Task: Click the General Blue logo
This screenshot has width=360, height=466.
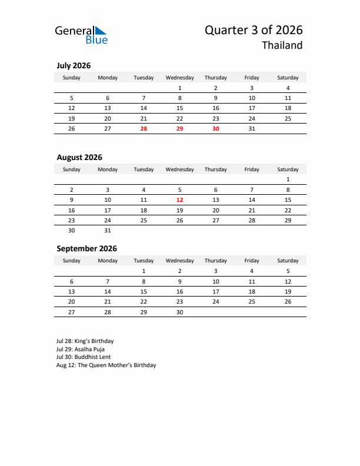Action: (81, 35)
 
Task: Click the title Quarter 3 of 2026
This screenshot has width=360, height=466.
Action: (254, 30)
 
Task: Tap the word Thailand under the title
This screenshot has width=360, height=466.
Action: (282, 45)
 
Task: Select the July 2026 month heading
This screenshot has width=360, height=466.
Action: (74, 66)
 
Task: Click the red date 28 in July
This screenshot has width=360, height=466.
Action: (144, 129)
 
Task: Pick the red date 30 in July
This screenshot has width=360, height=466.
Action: (215, 129)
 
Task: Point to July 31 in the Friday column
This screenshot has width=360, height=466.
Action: (252, 129)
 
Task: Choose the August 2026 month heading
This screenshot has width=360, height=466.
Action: (79, 157)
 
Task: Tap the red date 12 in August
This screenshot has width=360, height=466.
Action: (179, 200)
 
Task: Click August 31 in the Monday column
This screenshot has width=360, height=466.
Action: (108, 231)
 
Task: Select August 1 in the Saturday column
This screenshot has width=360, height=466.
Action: (288, 179)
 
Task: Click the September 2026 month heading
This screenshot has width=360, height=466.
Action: (86, 248)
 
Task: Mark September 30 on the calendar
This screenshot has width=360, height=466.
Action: (179, 312)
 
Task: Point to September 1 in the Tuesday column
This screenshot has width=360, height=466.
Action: (144, 271)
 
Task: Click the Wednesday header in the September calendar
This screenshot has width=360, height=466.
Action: (179, 261)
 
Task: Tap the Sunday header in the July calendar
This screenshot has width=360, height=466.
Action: (72, 78)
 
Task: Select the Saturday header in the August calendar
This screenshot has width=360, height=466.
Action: (288, 169)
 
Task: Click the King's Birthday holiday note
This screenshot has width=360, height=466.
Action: (85, 341)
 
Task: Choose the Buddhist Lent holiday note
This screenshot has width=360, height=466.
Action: (84, 357)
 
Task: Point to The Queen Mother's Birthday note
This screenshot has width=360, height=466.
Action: (106, 365)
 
